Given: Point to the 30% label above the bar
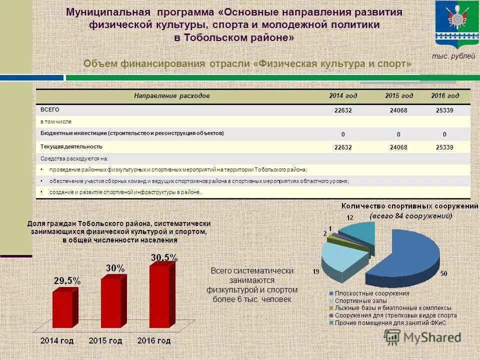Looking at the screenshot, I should point(115,268).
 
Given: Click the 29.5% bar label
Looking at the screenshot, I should point(67,281).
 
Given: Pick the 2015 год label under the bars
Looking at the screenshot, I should point(105,341).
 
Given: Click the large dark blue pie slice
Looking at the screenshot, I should point(410,250).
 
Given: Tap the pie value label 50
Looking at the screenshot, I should point(443,273).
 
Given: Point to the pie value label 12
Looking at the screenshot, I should point(350,217).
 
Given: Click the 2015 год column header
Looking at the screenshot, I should point(399,95).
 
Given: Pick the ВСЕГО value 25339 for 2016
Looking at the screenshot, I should point(444,110).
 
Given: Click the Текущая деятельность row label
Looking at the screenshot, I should point(71,146).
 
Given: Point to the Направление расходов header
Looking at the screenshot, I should point(171,95).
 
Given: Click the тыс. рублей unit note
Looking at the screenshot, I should point(453,56).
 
